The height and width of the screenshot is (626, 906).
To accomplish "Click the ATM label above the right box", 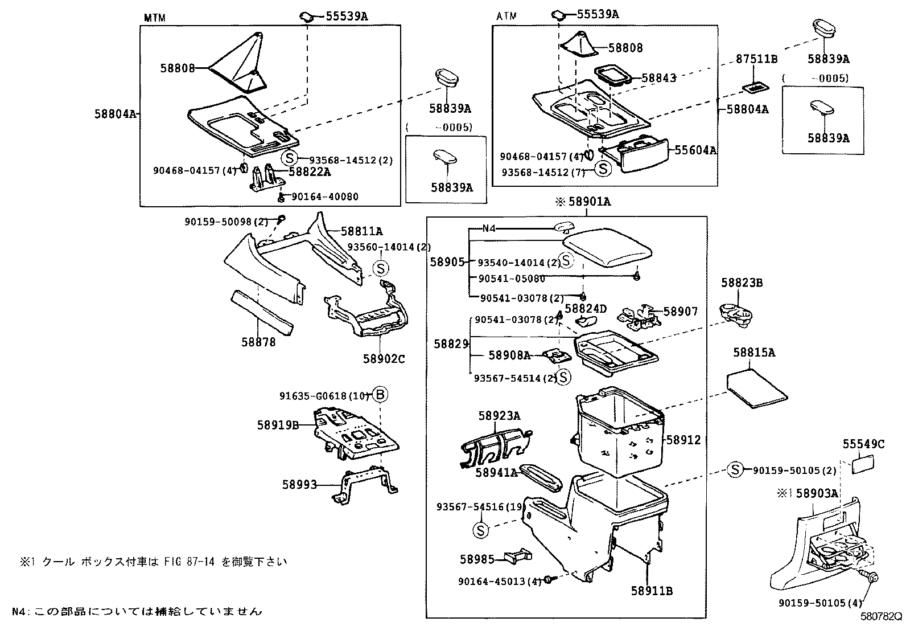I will click(506, 17).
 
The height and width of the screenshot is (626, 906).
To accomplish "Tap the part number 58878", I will click(258, 342).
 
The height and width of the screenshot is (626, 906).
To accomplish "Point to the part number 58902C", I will click(384, 359).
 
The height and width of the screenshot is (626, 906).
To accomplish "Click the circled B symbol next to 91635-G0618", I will click(381, 394).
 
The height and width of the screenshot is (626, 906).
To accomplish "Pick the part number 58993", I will click(299, 485).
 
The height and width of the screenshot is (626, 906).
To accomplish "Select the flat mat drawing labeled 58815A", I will click(757, 390).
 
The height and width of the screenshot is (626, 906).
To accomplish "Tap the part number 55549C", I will click(863, 444).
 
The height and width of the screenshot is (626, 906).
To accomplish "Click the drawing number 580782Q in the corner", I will click(882, 616).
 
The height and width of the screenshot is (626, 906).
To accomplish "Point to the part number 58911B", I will click(652, 591).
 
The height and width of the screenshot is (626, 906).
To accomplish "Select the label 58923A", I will click(499, 416).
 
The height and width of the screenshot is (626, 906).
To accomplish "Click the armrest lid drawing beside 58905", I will click(608, 249).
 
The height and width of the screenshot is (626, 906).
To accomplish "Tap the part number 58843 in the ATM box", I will click(659, 78).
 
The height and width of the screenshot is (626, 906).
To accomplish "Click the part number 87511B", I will click(757, 59).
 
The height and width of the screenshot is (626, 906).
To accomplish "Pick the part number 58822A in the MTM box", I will click(310, 171).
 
